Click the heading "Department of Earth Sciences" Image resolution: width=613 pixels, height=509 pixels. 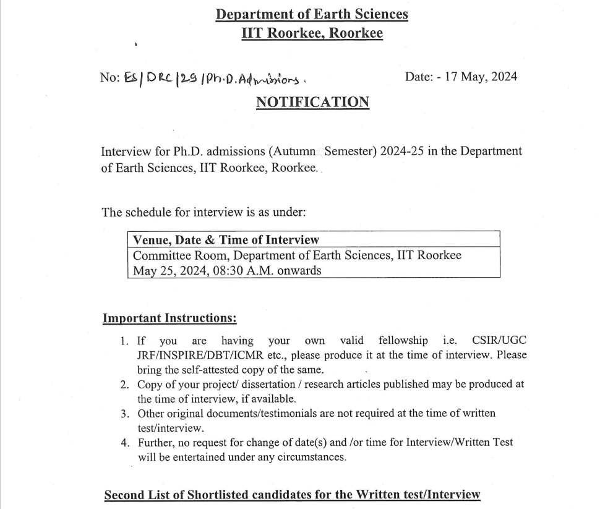(x=312, y=14)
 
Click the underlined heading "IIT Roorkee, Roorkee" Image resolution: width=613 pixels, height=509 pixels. (x=312, y=33)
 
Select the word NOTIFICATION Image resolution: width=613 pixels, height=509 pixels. (x=312, y=102)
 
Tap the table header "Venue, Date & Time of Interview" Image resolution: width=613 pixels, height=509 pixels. (x=226, y=239)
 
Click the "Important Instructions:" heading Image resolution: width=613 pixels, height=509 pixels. (x=169, y=319)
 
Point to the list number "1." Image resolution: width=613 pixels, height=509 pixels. (x=125, y=341)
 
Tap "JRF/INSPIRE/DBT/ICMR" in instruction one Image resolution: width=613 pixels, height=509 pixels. (x=198, y=356)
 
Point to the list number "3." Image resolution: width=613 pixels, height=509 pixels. (x=125, y=413)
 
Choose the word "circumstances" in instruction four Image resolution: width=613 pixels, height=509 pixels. (x=315, y=458)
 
